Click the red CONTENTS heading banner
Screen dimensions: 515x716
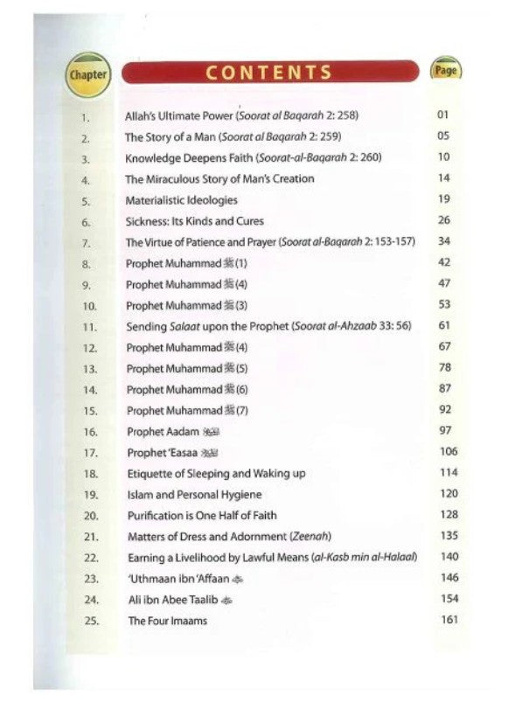[x=269, y=72]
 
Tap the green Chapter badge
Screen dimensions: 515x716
[x=87, y=74]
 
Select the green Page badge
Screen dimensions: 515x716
[x=446, y=71]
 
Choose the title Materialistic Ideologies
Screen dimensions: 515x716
[x=181, y=200]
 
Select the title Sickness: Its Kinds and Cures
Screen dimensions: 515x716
[x=194, y=221]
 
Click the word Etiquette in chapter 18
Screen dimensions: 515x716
[x=150, y=473]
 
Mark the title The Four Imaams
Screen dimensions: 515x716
[x=167, y=621]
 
